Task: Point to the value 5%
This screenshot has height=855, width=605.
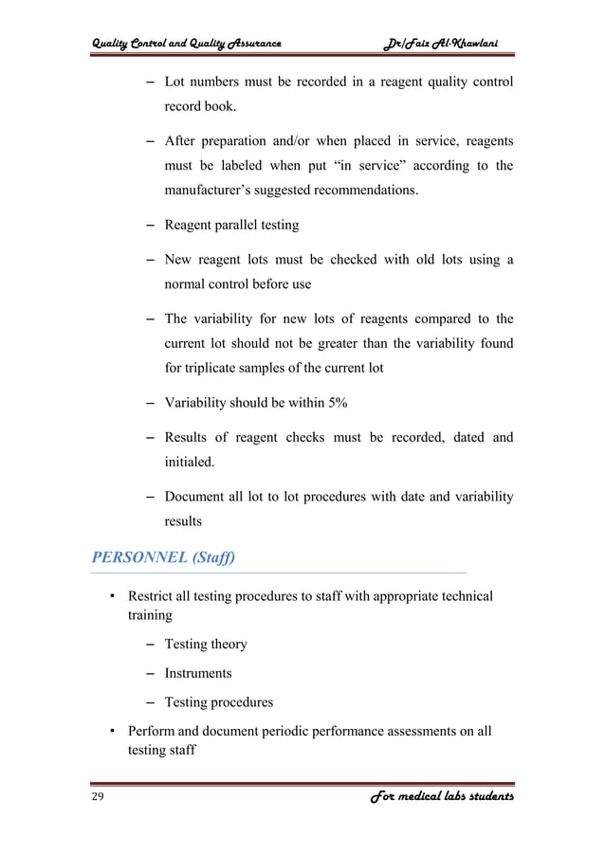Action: [334, 403]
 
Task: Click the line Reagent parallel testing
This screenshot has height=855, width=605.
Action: [231, 226]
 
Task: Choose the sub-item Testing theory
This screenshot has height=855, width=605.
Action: [206, 645]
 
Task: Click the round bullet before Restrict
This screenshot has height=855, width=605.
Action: [112, 597]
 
